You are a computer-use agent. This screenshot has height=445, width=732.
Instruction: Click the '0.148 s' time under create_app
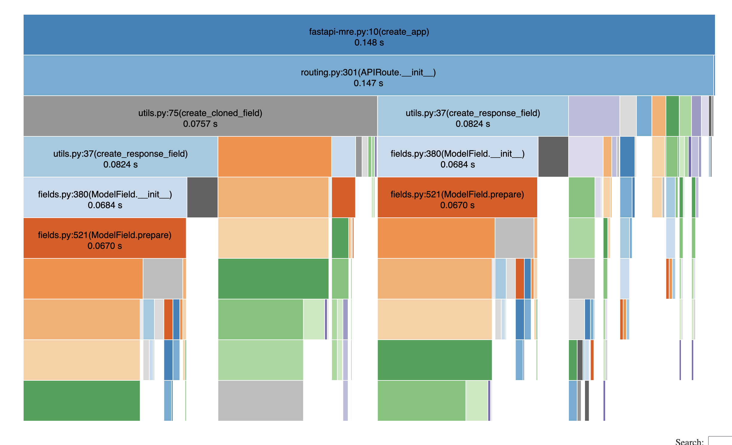(369, 42)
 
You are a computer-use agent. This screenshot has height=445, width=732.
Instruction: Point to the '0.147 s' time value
(368, 83)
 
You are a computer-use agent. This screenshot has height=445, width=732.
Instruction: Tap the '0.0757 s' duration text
(200, 124)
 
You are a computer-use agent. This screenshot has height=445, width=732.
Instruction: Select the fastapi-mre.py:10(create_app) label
(369, 32)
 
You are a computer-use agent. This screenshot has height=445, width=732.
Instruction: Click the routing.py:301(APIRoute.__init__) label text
(368, 72)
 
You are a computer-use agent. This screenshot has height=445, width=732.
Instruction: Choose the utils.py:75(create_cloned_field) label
(200, 113)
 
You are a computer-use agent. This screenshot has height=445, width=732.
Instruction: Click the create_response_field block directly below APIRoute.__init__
(473, 116)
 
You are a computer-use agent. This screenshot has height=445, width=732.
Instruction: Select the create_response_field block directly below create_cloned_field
(120, 157)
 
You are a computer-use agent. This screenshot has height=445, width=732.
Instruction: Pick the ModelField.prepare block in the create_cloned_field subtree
(105, 238)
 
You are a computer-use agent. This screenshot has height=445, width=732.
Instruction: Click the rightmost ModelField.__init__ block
(457, 157)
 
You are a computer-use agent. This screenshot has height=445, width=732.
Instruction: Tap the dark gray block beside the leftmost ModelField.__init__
(202, 197)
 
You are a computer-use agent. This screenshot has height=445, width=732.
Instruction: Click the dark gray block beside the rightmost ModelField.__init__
(553, 157)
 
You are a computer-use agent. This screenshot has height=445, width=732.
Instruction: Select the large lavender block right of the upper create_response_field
(594, 116)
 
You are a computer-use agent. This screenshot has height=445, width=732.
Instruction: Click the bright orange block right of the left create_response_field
(275, 157)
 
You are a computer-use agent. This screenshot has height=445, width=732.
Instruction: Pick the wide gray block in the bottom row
(261, 401)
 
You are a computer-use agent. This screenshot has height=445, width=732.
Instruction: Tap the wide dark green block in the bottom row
(82, 401)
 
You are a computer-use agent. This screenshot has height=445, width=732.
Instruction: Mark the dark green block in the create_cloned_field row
(672, 116)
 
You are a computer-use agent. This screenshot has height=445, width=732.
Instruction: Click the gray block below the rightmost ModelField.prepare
(514, 238)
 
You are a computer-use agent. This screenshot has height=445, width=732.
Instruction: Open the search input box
(720, 441)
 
